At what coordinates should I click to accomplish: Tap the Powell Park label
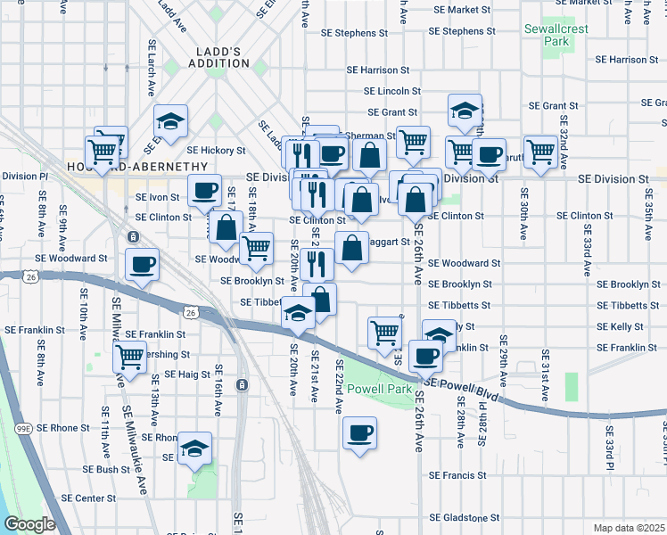tap(379, 390)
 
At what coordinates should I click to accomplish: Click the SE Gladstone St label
tap(465, 518)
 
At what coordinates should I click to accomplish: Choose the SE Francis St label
tap(457, 475)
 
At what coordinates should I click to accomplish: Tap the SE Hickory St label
tap(216, 151)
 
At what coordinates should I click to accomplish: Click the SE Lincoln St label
tap(392, 91)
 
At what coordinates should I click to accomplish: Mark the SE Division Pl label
tap(20, 177)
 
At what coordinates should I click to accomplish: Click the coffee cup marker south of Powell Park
tap(360, 433)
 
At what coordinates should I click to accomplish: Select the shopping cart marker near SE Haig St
tap(130, 358)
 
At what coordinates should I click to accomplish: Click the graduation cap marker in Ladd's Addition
tap(170, 120)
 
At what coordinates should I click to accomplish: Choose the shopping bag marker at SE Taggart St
tap(352, 247)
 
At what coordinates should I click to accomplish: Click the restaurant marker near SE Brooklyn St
tap(317, 263)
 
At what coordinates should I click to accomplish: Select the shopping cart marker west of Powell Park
tap(384, 332)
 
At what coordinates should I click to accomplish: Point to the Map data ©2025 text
tap(630, 528)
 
